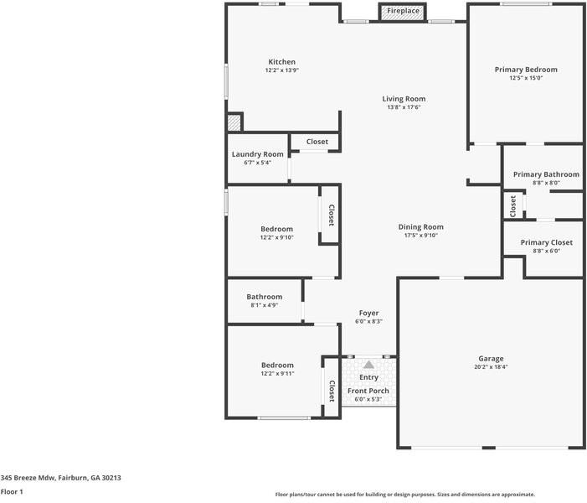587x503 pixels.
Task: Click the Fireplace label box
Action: [x=403, y=12]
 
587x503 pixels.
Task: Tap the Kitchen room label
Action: [x=281, y=62]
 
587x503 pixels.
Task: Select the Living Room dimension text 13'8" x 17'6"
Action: [x=404, y=107]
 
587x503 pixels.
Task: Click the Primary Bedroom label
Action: [x=526, y=70]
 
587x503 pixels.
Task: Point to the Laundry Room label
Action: [x=257, y=154]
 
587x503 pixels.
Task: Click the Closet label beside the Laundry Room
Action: [x=317, y=142]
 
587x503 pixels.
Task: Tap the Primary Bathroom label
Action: [x=544, y=174]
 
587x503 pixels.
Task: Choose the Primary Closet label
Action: [x=546, y=242]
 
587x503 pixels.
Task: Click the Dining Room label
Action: [x=420, y=226]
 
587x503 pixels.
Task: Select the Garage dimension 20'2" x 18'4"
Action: [x=491, y=367]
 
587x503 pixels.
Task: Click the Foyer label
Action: [x=368, y=313]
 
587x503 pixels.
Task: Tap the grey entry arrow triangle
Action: [x=368, y=365]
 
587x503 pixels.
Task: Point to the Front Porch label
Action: [x=368, y=391]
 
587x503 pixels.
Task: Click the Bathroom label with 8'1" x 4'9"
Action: [x=264, y=297]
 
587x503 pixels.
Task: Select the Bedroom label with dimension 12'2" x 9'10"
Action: [x=276, y=229]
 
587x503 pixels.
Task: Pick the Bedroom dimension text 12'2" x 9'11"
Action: [x=276, y=374]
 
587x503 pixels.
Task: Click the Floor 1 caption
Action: [x=12, y=492]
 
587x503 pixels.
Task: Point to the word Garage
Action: [x=491, y=359]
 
